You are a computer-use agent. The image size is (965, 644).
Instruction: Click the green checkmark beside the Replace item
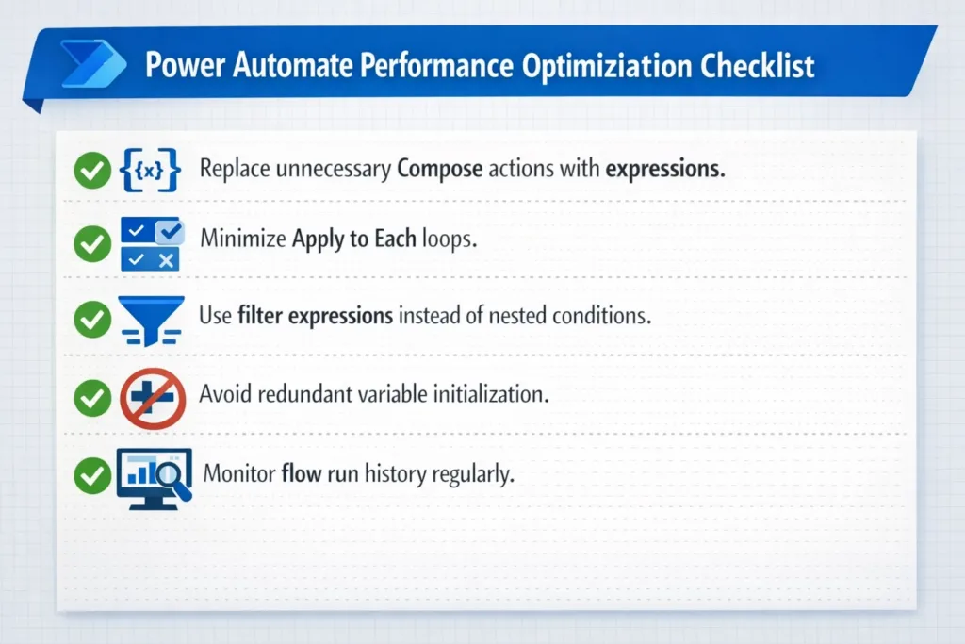coord(91,171)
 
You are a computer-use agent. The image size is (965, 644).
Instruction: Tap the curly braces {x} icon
coord(150,171)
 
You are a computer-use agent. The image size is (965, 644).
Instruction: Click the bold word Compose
coord(440,171)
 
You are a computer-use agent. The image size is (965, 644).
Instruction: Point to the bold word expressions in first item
coord(664,170)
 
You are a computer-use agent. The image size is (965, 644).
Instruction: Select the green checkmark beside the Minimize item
coord(91,244)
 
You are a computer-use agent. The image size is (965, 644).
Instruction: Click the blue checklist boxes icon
coord(150,244)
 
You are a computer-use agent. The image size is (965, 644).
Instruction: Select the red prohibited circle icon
coord(150,397)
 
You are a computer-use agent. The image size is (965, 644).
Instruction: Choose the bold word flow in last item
coord(302,472)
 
